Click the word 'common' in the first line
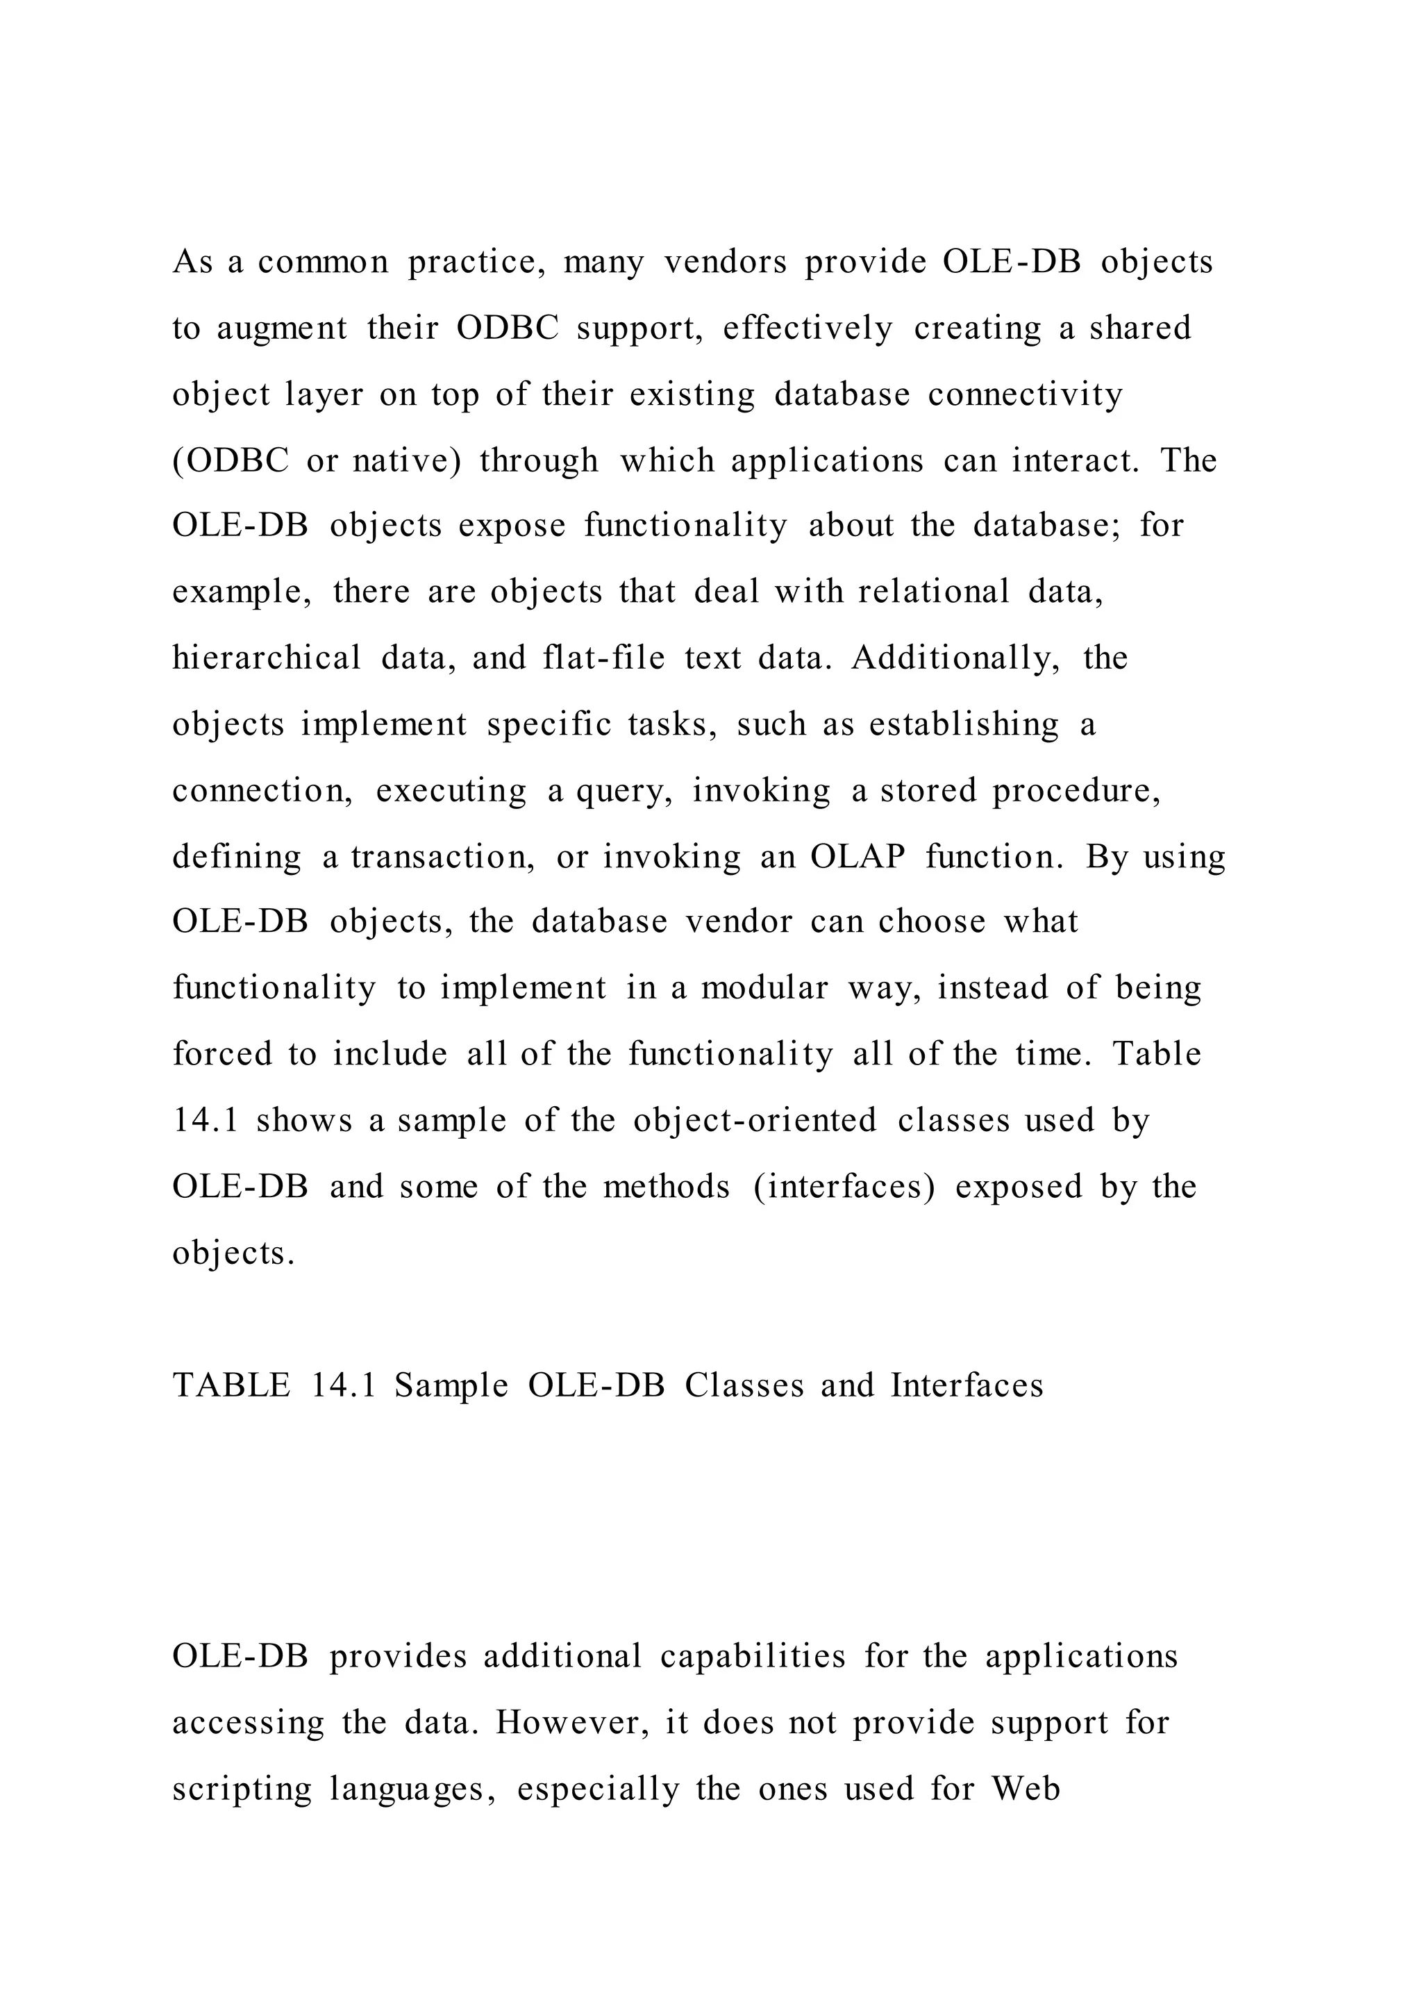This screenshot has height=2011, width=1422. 323,262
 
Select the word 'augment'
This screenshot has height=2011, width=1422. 281,328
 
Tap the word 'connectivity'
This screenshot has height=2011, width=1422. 1026,394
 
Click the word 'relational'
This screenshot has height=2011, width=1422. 933,592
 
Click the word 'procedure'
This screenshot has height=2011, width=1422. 1076,791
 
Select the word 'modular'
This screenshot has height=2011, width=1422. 764,988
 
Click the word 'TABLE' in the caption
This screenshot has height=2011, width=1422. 231,1385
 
